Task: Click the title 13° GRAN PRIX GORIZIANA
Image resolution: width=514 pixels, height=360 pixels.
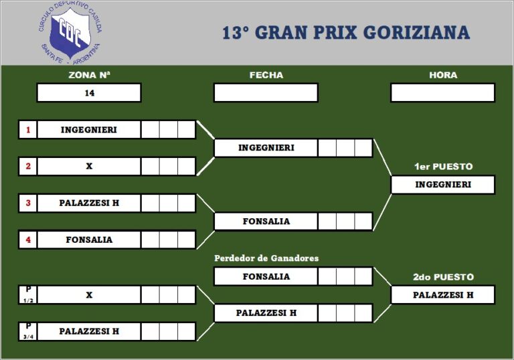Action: click(x=345, y=33)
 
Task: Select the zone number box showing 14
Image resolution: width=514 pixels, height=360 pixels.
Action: click(x=89, y=93)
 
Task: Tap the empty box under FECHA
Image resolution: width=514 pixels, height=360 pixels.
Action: click(x=266, y=93)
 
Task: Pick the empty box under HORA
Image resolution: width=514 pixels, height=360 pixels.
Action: click(x=442, y=93)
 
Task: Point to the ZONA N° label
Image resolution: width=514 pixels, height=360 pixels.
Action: click(x=89, y=75)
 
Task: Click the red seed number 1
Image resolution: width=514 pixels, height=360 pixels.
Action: click(x=28, y=130)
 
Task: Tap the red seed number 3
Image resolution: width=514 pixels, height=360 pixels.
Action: click(x=28, y=203)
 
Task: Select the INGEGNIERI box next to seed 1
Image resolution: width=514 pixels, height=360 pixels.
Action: click(x=89, y=130)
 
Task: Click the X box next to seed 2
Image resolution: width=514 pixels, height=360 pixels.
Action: click(x=89, y=167)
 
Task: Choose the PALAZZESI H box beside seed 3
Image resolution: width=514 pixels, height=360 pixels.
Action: click(x=89, y=203)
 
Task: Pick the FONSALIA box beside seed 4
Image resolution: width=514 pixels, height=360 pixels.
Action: click(x=89, y=240)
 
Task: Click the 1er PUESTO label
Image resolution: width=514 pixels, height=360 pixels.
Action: click(x=442, y=167)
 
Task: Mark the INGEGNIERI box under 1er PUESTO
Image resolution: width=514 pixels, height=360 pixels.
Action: click(x=442, y=185)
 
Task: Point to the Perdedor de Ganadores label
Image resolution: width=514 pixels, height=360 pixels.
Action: click(x=266, y=258)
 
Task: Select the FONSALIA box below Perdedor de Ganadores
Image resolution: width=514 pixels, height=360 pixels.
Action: click(x=266, y=276)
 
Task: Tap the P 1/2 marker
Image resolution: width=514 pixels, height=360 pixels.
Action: click(x=28, y=294)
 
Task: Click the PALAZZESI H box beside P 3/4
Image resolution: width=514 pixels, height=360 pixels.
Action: click(x=89, y=331)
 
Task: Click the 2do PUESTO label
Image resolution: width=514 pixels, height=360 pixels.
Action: click(x=442, y=277)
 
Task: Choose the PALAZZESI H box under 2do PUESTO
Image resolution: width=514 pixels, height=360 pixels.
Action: click(x=442, y=295)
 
